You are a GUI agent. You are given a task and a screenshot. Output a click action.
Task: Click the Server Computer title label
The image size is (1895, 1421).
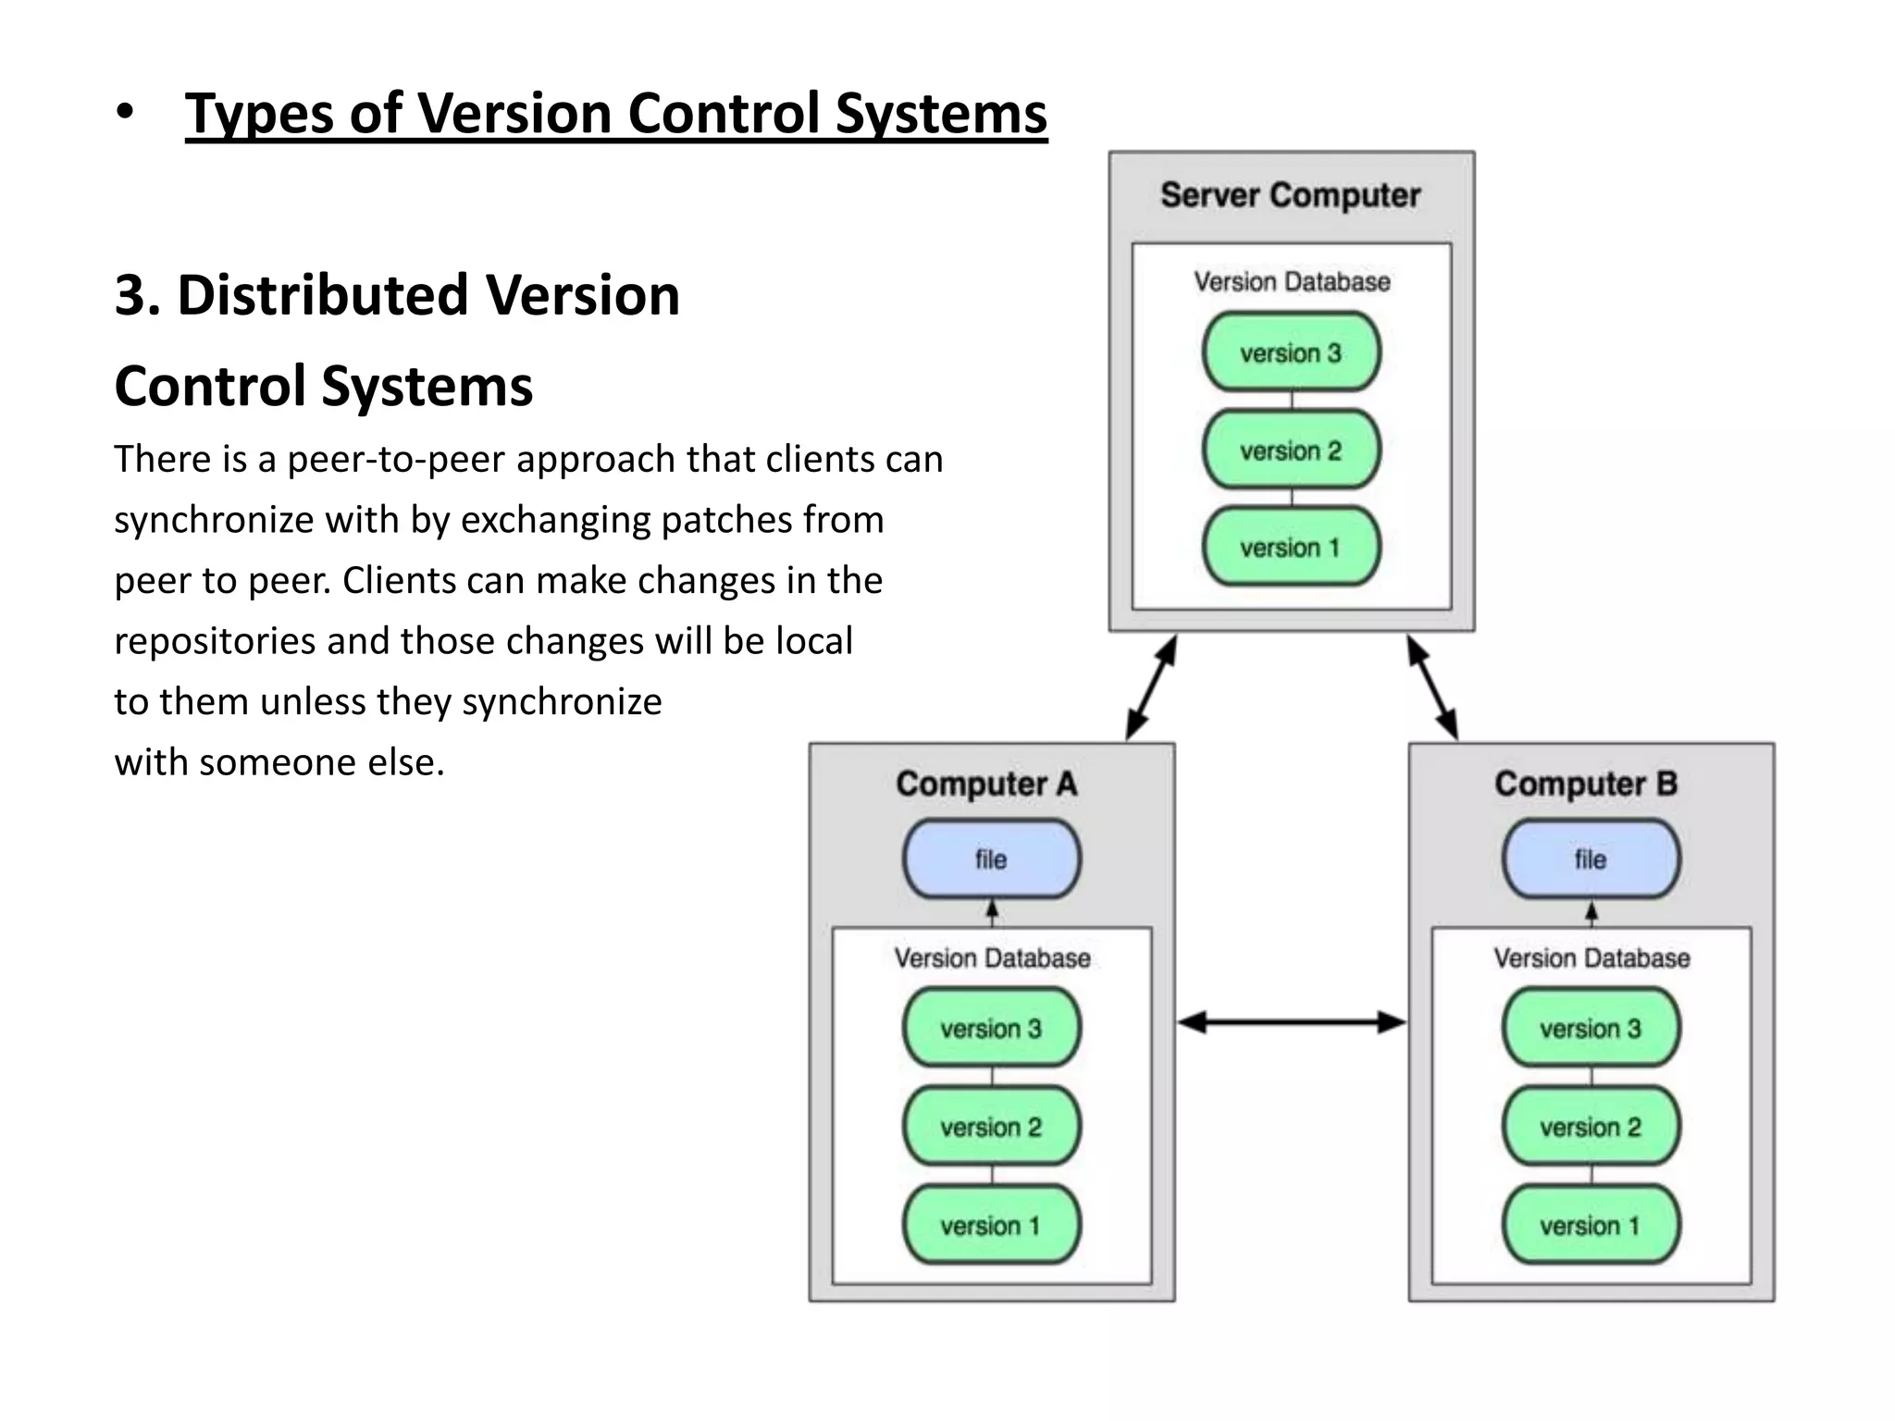1290,195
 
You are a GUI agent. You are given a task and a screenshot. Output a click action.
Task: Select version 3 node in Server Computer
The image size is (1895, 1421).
1291,352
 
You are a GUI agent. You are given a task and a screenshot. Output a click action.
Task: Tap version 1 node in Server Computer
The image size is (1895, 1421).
1291,548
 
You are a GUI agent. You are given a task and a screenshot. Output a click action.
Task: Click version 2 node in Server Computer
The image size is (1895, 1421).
1291,451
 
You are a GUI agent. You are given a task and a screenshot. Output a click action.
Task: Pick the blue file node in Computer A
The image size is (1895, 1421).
991,859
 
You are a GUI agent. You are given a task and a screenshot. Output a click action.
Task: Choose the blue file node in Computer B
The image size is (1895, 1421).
1591,859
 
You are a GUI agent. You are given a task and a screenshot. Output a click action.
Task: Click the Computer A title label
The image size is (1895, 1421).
986,784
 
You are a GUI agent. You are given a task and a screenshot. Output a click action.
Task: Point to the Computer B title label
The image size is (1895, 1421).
1586,784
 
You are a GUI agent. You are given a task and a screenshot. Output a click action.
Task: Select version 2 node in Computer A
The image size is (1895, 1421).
991,1127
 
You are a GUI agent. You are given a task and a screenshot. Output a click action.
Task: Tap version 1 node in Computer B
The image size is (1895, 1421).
1591,1226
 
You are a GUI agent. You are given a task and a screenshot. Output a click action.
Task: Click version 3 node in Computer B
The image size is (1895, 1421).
1591,1029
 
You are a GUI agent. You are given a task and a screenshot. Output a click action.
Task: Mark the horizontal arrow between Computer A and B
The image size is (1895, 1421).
1292,1022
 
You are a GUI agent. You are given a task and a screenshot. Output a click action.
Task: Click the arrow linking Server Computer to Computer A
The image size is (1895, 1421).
1151,687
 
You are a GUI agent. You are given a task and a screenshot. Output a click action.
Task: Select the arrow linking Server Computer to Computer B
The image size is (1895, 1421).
1432,687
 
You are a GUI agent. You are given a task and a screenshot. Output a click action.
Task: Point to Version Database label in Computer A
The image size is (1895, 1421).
992,958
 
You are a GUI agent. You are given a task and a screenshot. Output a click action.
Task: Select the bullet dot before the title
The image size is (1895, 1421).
125,113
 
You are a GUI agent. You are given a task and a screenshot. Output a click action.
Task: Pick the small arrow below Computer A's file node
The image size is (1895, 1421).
992,912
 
